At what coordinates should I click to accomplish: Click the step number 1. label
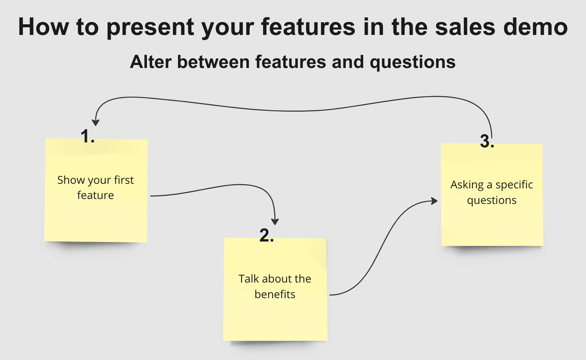87,136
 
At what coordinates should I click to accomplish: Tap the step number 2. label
266,235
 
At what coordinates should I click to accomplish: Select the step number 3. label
487,141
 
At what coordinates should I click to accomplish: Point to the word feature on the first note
95,195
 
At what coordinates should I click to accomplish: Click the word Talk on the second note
248,279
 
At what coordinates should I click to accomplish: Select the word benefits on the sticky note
275,294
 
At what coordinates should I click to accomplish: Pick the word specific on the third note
514,185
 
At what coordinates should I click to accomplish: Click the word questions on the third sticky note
491,201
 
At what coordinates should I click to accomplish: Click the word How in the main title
43,27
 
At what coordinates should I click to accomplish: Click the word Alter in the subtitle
151,62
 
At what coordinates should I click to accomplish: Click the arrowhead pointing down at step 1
96,122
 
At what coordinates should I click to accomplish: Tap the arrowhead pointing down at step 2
275,221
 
